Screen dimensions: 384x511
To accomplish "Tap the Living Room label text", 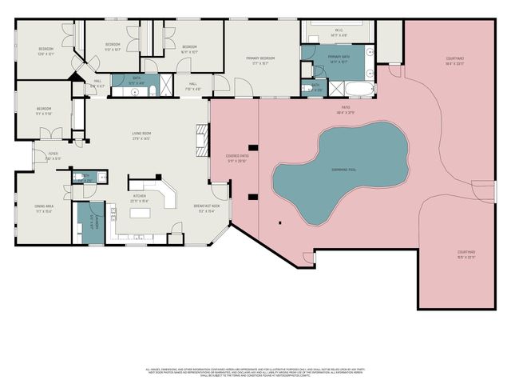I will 141,134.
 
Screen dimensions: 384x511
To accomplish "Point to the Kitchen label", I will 139,195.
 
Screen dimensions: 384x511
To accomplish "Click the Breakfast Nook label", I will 206,206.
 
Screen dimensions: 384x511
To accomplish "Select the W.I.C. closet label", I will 339,33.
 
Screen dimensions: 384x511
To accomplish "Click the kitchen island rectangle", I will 143,214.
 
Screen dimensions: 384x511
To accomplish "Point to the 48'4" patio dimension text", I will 347,113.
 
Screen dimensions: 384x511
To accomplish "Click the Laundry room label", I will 93,220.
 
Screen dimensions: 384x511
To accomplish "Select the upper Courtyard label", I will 455,58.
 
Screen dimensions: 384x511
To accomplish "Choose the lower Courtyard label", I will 465,254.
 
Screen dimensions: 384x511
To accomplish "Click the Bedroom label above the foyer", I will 43,110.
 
